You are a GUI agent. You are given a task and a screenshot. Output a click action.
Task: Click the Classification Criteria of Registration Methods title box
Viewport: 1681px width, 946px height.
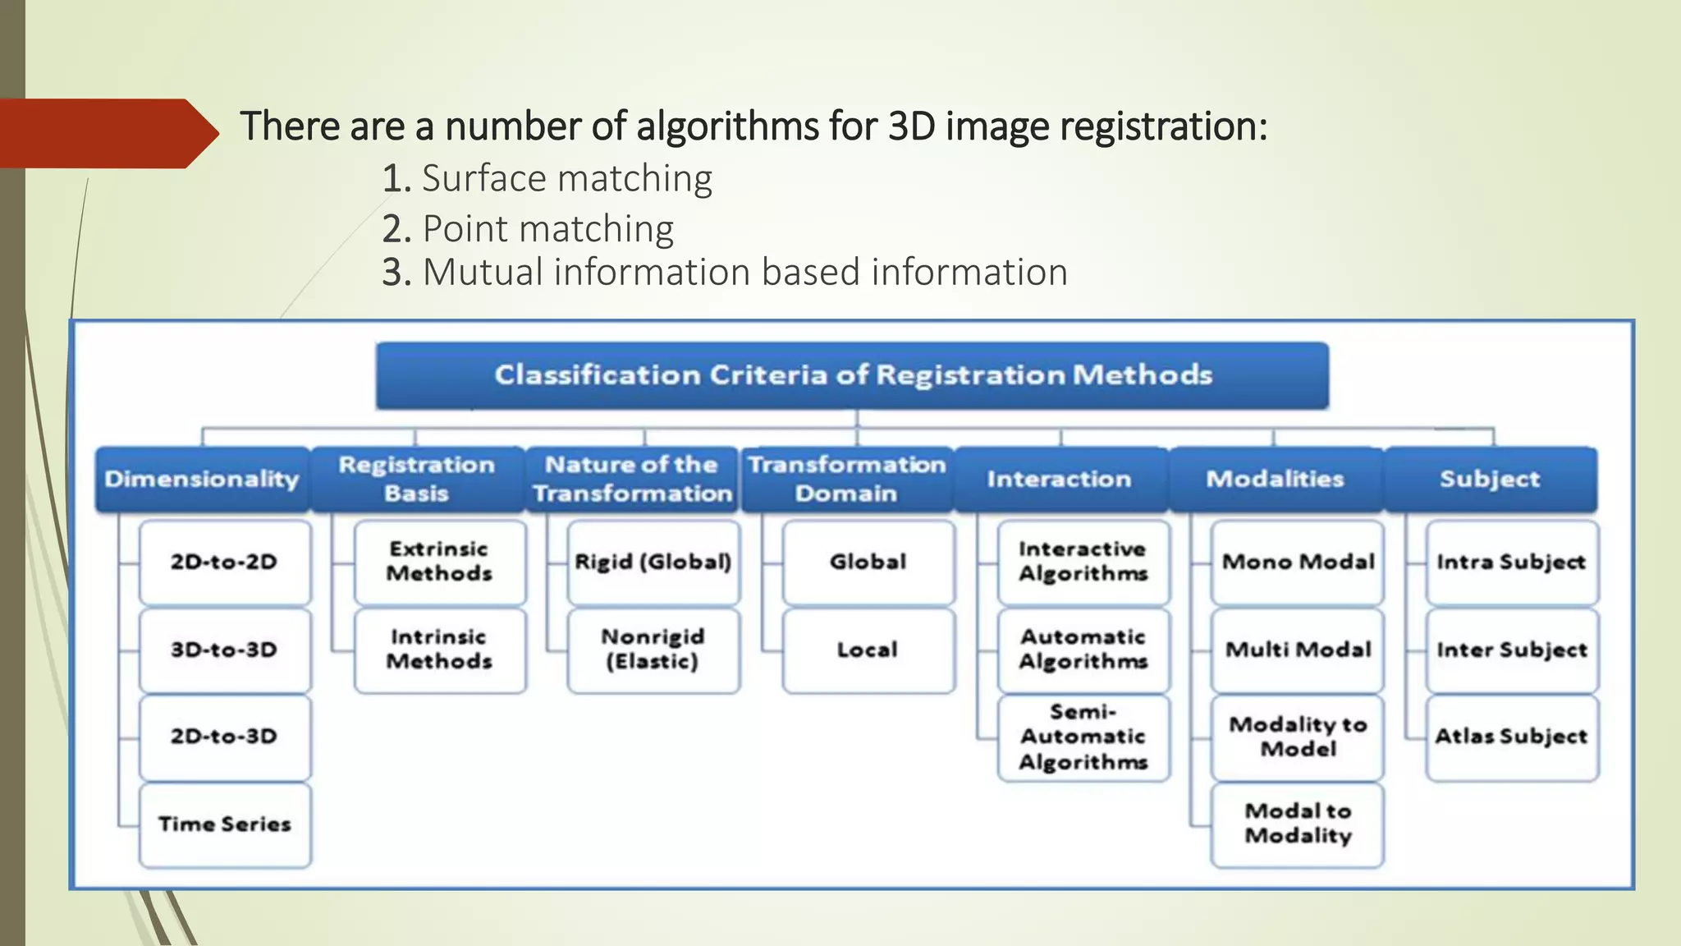coord(852,375)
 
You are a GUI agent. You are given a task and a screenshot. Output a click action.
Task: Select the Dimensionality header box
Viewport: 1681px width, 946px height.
coord(202,480)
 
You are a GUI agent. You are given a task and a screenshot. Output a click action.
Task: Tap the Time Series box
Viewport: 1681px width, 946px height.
coord(225,824)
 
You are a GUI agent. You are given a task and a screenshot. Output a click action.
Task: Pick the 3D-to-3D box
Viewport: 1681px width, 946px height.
coord(225,650)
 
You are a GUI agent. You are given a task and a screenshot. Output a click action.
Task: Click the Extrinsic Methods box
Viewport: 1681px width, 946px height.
coord(439,562)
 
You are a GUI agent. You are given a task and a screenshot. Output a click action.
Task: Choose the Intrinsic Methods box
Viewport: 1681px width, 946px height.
coord(439,650)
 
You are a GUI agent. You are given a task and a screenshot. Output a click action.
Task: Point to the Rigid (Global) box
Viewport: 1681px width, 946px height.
coord(653,562)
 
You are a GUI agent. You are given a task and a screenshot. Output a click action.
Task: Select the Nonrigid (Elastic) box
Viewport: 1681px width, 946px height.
coord(653,650)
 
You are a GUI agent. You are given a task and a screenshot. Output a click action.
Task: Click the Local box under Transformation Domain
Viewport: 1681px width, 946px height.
coord(868,650)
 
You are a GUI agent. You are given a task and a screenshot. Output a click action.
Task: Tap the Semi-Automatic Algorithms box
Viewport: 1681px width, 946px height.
coord(1083,737)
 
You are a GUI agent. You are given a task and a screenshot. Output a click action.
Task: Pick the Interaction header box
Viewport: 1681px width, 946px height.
coord(1060,480)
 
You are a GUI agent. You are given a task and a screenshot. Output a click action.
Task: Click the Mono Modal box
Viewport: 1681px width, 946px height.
coord(1298,562)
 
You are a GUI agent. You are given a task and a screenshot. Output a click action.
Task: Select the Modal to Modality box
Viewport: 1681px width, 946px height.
coord(1298,824)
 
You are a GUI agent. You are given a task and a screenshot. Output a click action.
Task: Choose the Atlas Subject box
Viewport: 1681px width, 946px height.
coord(1512,737)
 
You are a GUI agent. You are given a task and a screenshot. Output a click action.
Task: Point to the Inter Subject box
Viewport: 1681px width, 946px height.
coord(1512,650)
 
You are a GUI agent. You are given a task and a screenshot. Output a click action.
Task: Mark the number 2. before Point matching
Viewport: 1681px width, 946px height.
coord(396,229)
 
